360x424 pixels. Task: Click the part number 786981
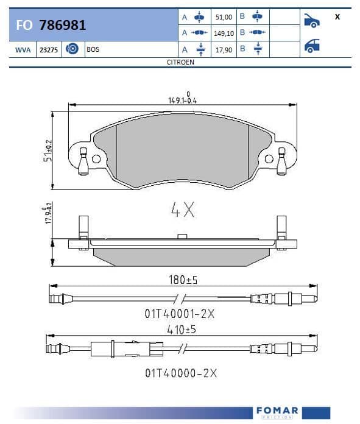(x=63, y=25)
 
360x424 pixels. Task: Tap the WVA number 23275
(x=49, y=50)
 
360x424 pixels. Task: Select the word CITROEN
(x=180, y=62)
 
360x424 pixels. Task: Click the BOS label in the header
(x=93, y=49)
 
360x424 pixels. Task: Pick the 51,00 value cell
(x=224, y=17)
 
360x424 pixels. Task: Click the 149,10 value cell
(x=224, y=34)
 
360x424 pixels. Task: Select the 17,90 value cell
(x=224, y=50)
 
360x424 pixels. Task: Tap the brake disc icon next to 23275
(x=72, y=49)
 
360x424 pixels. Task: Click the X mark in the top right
(x=337, y=17)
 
